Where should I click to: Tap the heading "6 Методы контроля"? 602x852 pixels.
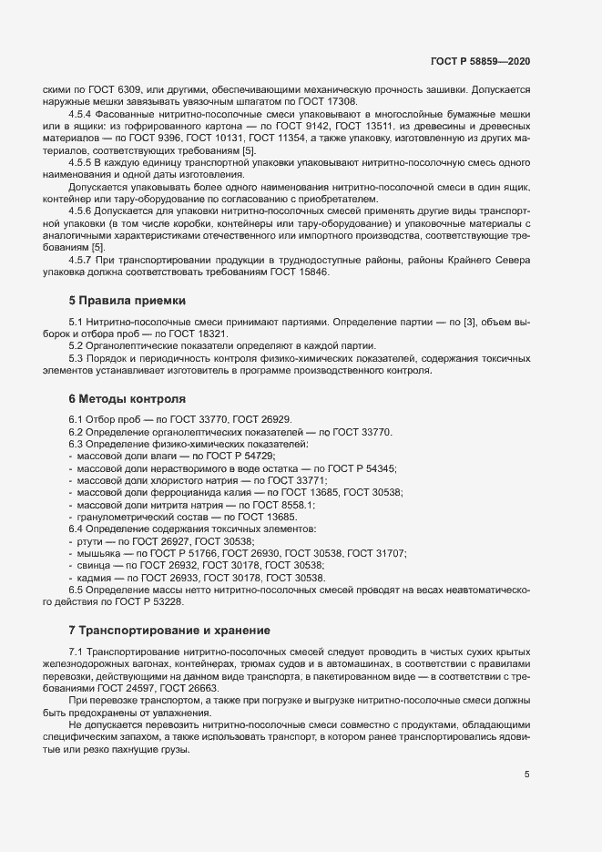click(x=128, y=398)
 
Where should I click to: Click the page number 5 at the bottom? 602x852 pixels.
click(x=526, y=775)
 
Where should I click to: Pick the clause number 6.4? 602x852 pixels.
click(x=77, y=529)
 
